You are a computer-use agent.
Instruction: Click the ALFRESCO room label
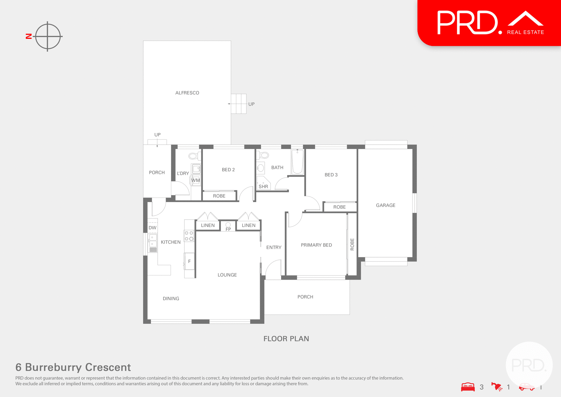187,93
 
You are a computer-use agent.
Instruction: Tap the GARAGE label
385,205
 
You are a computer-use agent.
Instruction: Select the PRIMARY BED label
316,245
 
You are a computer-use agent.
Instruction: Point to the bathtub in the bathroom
297,162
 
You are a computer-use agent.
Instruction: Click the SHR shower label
263,186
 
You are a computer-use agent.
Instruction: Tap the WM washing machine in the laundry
195,180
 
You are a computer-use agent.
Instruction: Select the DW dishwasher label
152,227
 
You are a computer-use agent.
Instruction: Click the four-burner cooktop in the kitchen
189,236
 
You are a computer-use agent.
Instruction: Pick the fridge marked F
189,261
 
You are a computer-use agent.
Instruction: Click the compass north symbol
48,37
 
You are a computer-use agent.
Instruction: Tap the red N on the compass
29,36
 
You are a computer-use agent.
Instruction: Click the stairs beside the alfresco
238,104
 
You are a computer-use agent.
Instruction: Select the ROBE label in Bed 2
219,196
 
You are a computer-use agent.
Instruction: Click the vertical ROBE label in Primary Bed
352,244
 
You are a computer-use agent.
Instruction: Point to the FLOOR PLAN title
286,339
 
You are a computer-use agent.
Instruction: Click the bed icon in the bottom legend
468,387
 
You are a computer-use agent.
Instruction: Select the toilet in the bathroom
264,155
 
